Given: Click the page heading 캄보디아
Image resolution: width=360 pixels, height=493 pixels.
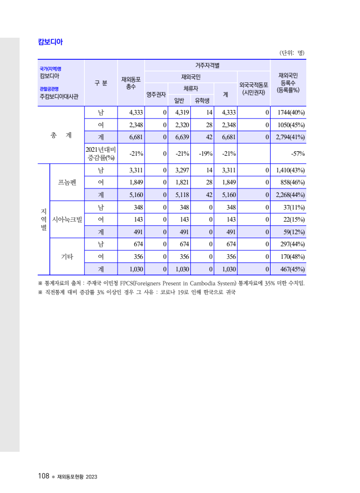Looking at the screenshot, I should click(50, 42).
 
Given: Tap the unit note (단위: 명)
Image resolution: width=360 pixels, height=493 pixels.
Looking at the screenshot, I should click(292, 52).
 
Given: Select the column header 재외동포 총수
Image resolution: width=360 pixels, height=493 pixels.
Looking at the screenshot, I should click(131, 83).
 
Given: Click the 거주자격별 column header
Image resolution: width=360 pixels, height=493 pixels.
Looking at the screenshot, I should click(207, 65).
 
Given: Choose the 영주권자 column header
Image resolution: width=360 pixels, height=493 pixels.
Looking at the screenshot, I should click(156, 94).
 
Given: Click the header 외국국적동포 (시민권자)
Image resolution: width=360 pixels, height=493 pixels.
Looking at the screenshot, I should click(254, 88).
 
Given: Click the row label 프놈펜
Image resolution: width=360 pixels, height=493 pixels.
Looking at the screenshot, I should click(67, 182).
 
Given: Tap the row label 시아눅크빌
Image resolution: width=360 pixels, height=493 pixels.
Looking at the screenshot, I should click(67, 220).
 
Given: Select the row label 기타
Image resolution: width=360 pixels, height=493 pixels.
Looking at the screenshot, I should click(67, 256).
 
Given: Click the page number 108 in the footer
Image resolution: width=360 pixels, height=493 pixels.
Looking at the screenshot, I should click(43, 476).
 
